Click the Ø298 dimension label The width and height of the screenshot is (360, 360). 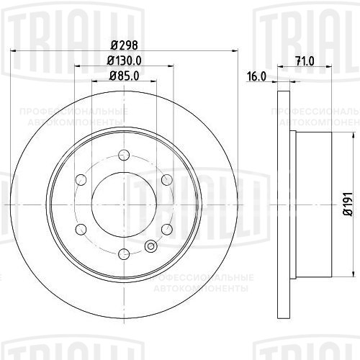124,45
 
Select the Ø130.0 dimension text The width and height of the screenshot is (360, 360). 124,60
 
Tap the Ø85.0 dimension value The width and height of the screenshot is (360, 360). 124,76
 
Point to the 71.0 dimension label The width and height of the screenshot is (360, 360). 305,61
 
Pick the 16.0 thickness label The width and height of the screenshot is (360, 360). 256,76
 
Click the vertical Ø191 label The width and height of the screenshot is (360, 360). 348,204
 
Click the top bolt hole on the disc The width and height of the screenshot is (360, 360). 124,155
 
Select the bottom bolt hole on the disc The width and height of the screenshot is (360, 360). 124,254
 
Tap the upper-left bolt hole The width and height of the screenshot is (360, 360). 81,180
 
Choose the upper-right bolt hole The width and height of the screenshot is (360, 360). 167,180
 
